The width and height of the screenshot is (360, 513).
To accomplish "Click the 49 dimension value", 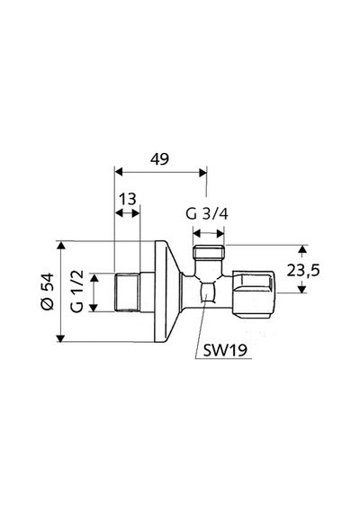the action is [x=159, y=159].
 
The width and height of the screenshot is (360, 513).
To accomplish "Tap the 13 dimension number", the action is [x=127, y=199].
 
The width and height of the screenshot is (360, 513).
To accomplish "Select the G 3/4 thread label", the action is [x=207, y=214].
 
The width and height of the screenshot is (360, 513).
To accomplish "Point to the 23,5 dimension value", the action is [x=302, y=270].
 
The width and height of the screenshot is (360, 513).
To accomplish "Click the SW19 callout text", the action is [x=225, y=351].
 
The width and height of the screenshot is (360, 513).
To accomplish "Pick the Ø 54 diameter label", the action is [x=48, y=291].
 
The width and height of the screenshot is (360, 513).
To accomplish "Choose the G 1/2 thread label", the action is [x=77, y=292].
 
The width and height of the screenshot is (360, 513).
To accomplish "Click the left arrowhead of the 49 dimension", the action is [x=119, y=172].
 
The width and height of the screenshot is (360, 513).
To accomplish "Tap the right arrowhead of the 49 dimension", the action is [x=202, y=172].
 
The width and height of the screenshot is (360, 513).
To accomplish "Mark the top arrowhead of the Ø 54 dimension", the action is [x=61, y=245].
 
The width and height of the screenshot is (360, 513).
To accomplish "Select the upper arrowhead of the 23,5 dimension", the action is [x=302, y=248].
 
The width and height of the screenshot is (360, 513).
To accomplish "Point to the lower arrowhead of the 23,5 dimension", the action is [x=302, y=289].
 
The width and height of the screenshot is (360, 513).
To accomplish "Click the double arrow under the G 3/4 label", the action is [x=209, y=234].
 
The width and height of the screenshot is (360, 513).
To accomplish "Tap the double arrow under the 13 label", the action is [x=127, y=213].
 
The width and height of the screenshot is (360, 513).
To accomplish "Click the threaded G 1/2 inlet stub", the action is [x=127, y=292].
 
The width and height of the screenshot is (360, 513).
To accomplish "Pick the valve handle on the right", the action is [x=255, y=293].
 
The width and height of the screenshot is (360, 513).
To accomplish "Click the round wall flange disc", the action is [x=166, y=292].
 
